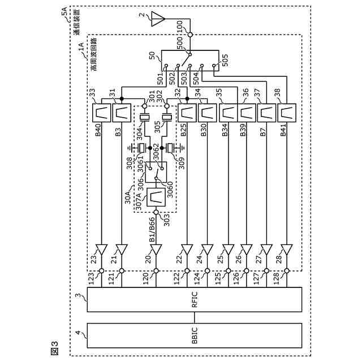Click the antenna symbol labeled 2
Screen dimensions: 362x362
point(158,19)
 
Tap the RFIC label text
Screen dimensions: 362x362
point(195,299)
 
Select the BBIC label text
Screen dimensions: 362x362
point(195,335)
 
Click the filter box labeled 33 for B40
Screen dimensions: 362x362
point(102,113)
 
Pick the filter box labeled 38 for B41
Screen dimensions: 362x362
point(287,113)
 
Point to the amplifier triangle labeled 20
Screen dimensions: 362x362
point(156,250)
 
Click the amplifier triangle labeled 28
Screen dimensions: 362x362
point(287,250)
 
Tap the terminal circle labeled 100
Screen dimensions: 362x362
point(190,35)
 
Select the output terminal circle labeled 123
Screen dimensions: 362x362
point(102,270)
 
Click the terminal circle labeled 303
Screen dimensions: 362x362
point(156,212)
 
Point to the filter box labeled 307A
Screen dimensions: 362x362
point(156,197)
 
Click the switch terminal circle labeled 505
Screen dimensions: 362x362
point(214,66)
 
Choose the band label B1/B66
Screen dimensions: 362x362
point(152,230)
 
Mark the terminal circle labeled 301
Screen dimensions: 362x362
point(145,106)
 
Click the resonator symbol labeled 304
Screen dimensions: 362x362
point(145,118)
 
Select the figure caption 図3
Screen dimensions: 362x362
point(54,348)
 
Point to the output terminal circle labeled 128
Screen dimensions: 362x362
point(287,270)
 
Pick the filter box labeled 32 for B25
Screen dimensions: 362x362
point(187,113)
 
